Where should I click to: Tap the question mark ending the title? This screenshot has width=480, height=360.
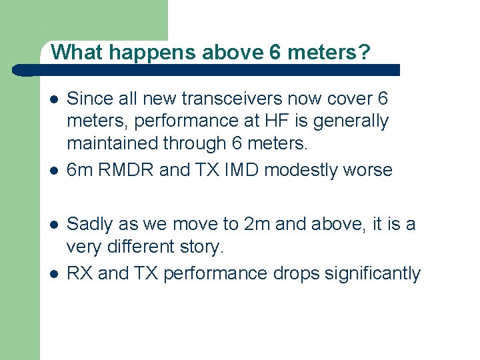click(363, 52)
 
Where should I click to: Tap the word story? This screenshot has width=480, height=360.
click(204, 247)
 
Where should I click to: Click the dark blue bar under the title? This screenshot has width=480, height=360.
click(213, 70)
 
